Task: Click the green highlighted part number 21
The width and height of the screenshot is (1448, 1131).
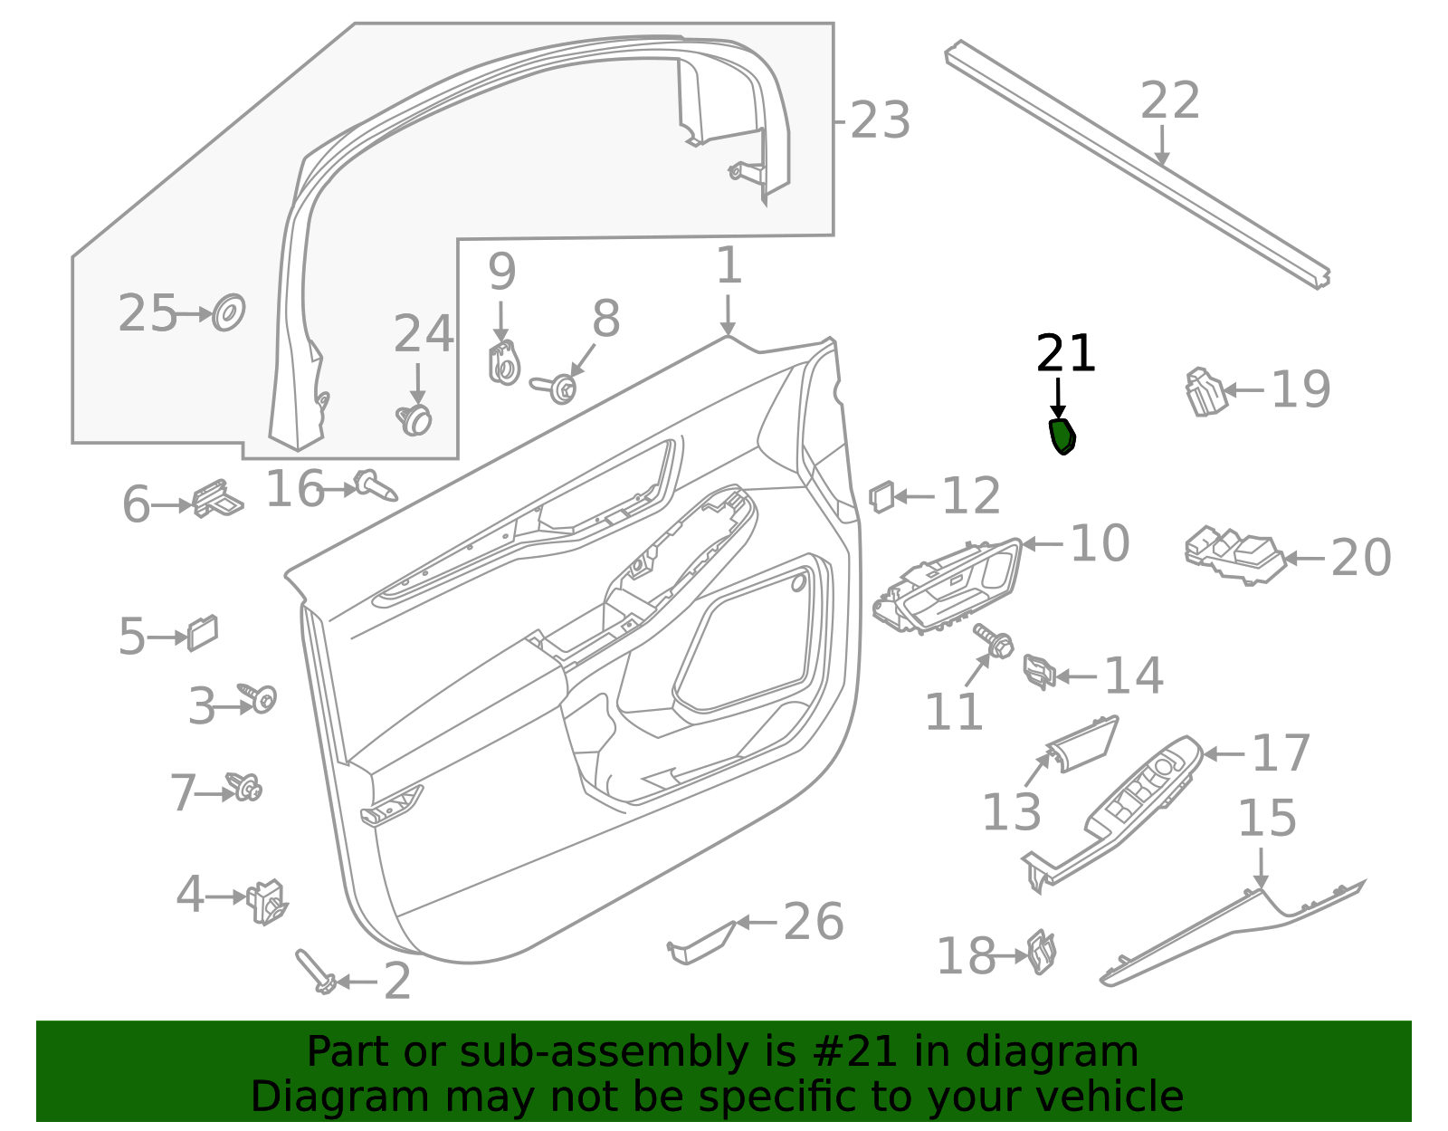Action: click(1062, 436)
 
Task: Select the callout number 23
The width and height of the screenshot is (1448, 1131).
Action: click(880, 120)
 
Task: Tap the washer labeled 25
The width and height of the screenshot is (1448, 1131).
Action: click(228, 313)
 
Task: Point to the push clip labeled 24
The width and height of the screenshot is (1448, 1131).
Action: click(415, 419)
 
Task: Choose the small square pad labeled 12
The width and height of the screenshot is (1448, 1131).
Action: click(881, 496)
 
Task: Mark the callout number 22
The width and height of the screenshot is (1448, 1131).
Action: click(1169, 101)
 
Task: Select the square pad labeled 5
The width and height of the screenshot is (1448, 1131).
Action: click(203, 633)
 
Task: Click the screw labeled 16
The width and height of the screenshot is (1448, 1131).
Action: click(376, 485)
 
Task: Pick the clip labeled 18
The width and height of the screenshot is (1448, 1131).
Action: click(1043, 953)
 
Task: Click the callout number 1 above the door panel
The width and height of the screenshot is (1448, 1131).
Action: click(729, 266)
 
